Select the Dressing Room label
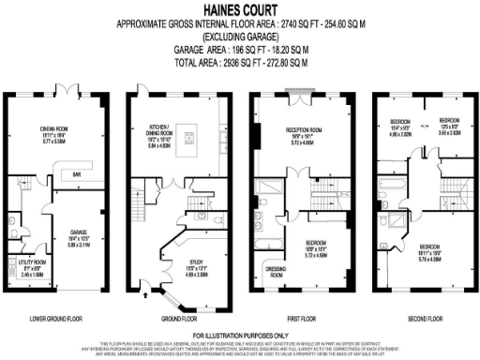pos(276,273)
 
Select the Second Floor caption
pos(419,318)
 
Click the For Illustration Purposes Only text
pos(239,335)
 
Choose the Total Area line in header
pos(239,63)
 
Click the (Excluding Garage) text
pos(239,38)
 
